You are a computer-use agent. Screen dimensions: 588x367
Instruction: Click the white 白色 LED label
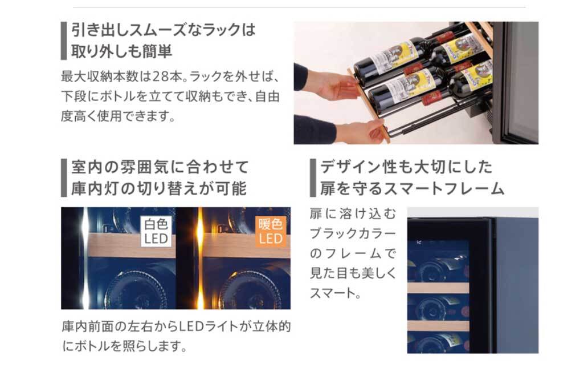pyautogui.click(x=156, y=231)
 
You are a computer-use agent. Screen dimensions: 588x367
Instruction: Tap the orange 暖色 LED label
pyautogui.click(x=271, y=231)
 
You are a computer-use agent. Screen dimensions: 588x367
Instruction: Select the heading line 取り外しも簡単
pyautogui.click(x=122, y=51)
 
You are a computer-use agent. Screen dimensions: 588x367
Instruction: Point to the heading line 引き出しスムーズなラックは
pyautogui.click(x=164, y=30)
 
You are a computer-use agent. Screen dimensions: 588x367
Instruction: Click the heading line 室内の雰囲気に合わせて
pyautogui.click(x=160, y=167)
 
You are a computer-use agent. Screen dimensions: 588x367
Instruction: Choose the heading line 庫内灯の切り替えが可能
pyautogui.click(x=159, y=188)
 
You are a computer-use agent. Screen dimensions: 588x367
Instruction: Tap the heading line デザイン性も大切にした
pyautogui.click(x=406, y=167)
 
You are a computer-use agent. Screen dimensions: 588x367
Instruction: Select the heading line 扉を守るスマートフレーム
pyautogui.click(x=413, y=188)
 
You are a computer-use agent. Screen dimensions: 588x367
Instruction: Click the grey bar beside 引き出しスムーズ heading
pyautogui.click(x=64, y=41)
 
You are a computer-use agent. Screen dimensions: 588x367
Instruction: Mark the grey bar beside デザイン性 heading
pyautogui.click(x=313, y=178)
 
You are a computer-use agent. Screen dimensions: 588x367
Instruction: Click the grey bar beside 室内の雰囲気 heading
pyautogui.click(x=64, y=178)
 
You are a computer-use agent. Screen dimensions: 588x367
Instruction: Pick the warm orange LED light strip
pyautogui.click(x=199, y=258)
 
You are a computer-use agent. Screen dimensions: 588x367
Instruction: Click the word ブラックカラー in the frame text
pyautogui.click(x=353, y=234)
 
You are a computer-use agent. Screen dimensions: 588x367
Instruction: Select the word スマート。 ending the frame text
pyautogui.click(x=336, y=293)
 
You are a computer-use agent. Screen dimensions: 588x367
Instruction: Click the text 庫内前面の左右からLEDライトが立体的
pyautogui.click(x=176, y=326)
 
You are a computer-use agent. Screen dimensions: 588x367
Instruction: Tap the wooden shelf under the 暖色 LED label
pyautogui.click(x=246, y=245)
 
